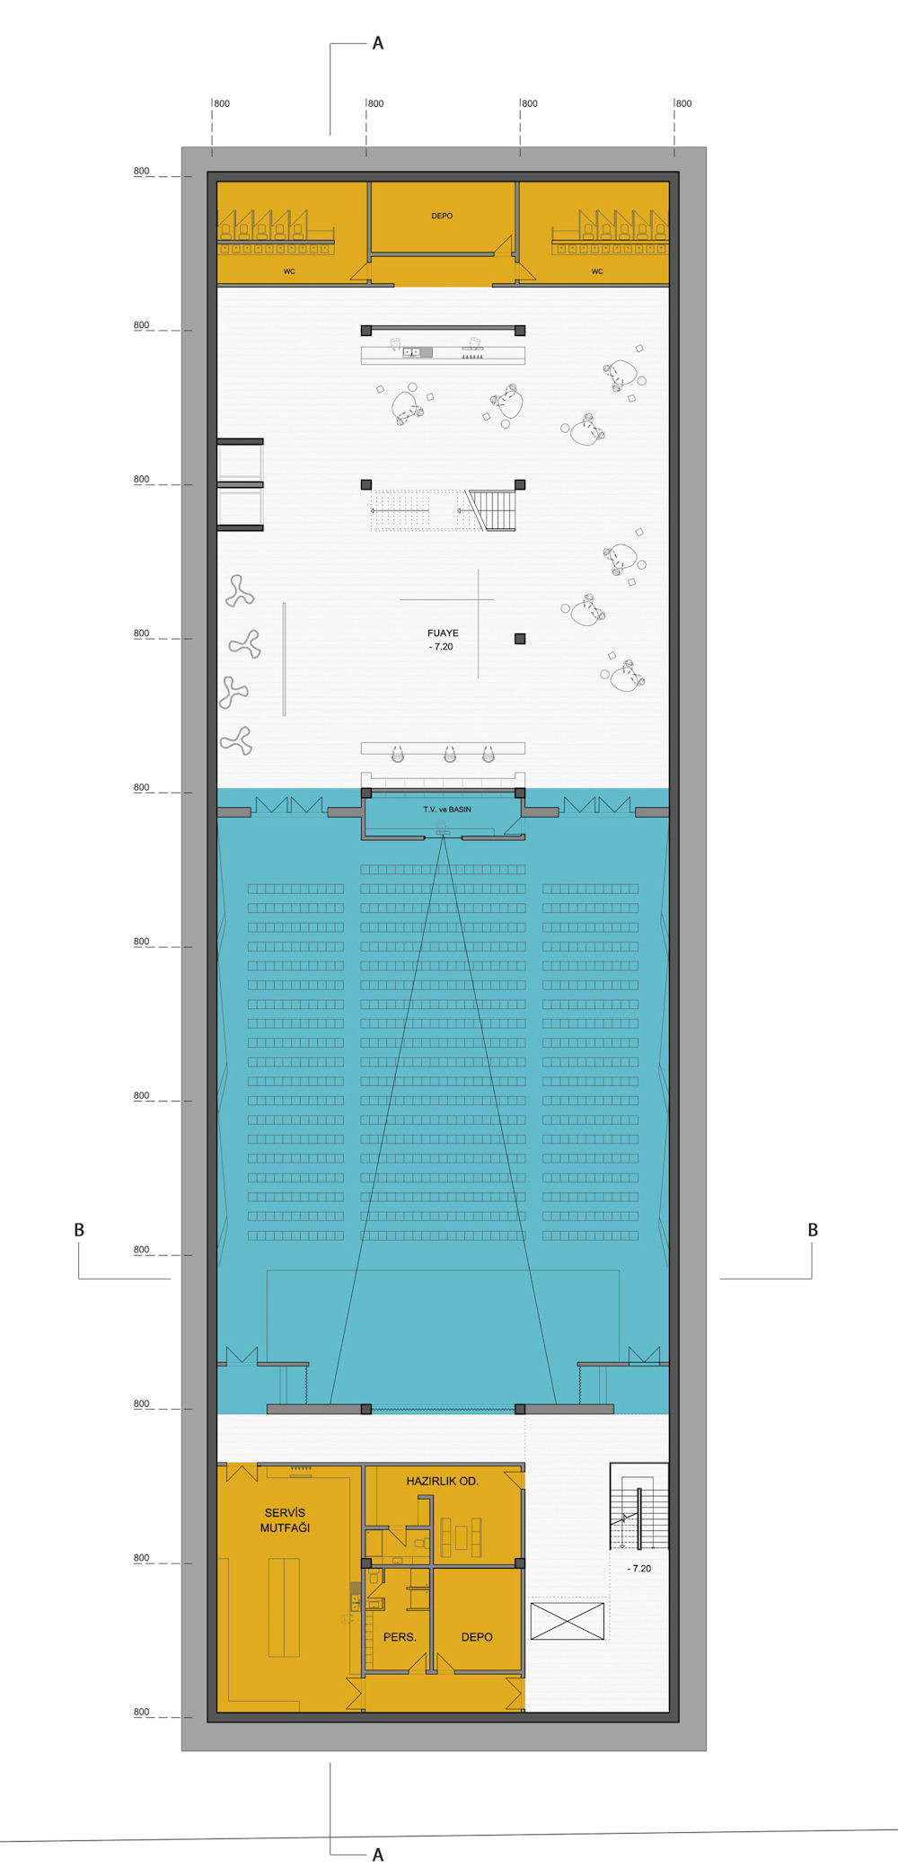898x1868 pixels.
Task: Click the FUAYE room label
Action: (x=443, y=633)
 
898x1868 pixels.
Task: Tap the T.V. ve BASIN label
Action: (x=447, y=810)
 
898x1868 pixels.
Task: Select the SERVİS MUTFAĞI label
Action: (x=285, y=1520)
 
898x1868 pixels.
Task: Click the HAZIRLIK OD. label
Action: (x=442, y=1481)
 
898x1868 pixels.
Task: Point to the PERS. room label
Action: (x=400, y=1637)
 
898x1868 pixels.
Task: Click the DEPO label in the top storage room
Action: (x=442, y=216)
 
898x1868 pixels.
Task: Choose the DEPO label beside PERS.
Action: (x=477, y=1637)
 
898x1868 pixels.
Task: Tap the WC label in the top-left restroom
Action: (x=289, y=271)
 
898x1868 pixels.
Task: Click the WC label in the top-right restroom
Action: (x=597, y=271)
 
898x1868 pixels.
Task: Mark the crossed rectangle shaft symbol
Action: (x=568, y=1622)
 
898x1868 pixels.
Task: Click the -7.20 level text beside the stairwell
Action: (x=639, y=1568)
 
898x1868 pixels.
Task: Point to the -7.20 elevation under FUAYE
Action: (x=441, y=646)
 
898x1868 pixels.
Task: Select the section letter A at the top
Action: (x=378, y=43)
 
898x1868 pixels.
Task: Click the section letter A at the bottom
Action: (x=378, y=1855)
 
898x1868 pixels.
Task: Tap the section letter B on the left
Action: (x=79, y=1230)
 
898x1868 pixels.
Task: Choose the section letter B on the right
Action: (x=813, y=1230)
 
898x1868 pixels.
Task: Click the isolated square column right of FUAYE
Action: (x=520, y=639)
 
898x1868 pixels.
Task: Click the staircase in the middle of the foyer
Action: (x=444, y=510)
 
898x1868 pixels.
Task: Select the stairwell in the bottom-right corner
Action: (x=639, y=1506)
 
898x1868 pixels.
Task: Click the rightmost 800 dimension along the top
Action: (x=683, y=103)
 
